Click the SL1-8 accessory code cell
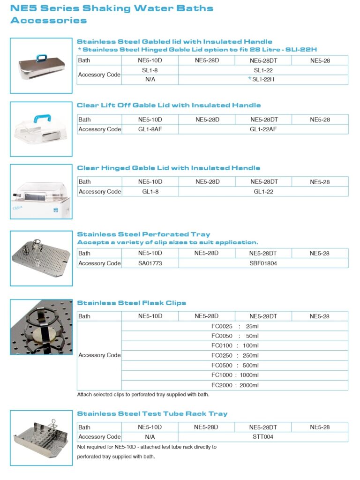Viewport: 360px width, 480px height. [x=150, y=70]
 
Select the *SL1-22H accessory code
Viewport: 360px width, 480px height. [x=262, y=80]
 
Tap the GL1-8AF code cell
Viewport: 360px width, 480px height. [x=150, y=129]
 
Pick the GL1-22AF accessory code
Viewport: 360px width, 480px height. [x=263, y=129]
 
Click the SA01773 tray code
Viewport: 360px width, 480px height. [x=150, y=263]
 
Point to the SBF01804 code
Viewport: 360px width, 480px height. [x=263, y=263]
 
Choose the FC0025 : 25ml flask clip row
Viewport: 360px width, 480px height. [x=235, y=326]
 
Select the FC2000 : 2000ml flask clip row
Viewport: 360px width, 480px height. [x=235, y=385]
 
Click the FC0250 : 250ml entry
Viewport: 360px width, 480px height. [x=235, y=356]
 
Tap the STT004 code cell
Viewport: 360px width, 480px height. [x=263, y=437]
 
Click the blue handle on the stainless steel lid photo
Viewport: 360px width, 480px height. [x=42, y=59]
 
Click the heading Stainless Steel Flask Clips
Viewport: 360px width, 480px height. [x=131, y=303]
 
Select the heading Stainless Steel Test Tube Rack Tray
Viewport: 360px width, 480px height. [x=152, y=414]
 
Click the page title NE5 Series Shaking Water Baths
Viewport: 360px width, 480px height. [x=112, y=8]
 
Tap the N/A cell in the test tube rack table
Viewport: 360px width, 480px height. [x=150, y=437]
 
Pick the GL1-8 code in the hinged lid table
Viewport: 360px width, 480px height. [x=150, y=191]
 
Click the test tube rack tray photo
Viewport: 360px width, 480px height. [x=41, y=438]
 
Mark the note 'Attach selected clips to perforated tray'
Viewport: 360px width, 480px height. [x=143, y=395]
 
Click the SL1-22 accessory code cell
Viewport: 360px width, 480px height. [x=263, y=70]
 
